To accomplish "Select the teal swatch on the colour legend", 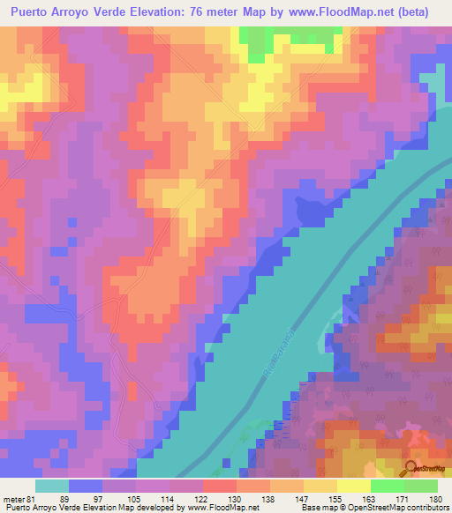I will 52,486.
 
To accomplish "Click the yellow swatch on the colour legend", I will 354,486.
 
